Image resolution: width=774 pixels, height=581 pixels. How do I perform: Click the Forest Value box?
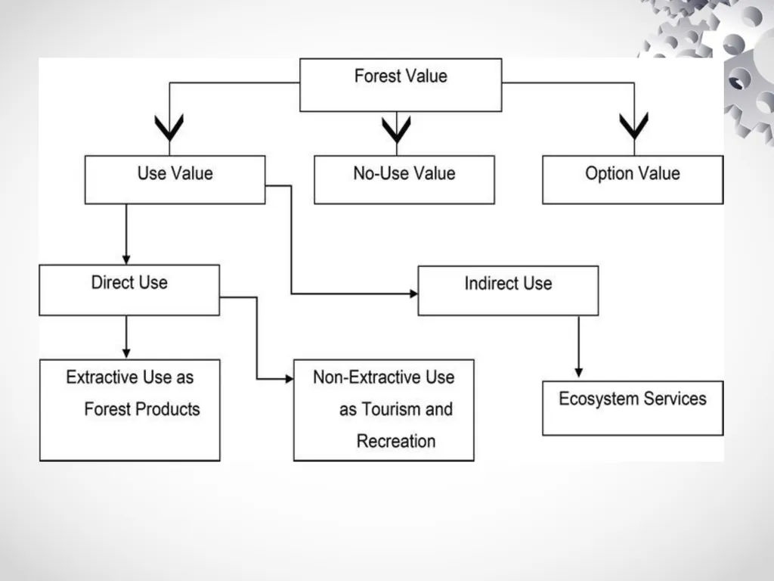pyautogui.click(x=401, y=85)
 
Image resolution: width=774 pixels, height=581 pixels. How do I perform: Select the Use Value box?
pyautogui.click(x=175, y=180)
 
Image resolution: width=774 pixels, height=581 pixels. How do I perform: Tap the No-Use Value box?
pyautogui.click(x=404, y=180)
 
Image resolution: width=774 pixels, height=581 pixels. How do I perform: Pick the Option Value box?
pyautogui.click(x=633, y=180)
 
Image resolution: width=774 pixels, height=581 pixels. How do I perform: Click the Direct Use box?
pyautogui.click(x=129, y=290)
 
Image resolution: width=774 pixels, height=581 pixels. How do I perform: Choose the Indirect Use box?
pyautogui.click(x=508, y=290)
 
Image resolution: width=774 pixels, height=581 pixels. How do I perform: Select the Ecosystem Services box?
pyautogui.click(x=633, y=408)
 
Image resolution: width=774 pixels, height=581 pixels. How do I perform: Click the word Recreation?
pyautogui.click(x=396, y=441)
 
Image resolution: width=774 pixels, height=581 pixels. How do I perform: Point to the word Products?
pyautogui.click(x=168, y=409)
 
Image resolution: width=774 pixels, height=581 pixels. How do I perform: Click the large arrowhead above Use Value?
pyautogui.click(x=169, y=127)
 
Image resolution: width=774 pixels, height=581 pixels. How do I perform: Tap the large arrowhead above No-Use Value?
pyautogui.click(x=396, y=129)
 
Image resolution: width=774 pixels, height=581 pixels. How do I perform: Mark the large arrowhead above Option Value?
pyautogui.click(x=634, y=126)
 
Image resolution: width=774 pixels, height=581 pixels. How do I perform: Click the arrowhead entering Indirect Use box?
pyautogui.click(x=413, y=294)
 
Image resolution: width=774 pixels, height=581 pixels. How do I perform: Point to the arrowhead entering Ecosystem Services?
pyautogui.click(x=578, y=372)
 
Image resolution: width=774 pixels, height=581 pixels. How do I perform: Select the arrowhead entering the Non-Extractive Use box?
pyautogui.click(x=289, y=379)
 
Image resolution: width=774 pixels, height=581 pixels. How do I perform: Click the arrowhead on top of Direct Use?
pyautogui.click(x=126, y=260)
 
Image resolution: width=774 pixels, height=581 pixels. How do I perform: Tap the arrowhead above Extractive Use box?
pyautogui.click(x=126, y=354)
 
